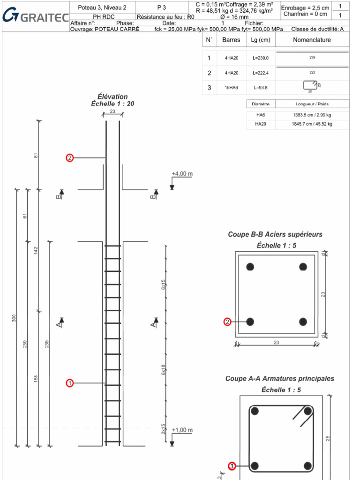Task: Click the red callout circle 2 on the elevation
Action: (70, 158)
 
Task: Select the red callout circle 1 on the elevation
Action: (70, 383)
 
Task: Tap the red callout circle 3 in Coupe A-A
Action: (232, 465)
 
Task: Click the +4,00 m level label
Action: (182, 174)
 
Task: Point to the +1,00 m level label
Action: (182, 430)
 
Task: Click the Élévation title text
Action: (112, 97)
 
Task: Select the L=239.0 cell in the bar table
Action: (260, 58)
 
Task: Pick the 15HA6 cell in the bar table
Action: (231, 87)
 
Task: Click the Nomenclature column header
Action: (312, 40)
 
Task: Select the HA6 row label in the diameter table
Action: (260, 114)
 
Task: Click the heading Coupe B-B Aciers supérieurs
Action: (275, 234)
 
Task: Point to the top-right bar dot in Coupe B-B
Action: (303, 266)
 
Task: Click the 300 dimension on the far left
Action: (14, 319)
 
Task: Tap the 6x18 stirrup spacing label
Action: (164, 370)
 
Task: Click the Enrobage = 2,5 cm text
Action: (305, 8)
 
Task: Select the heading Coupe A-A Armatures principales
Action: (279, 379)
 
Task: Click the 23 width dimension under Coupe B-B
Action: (276, 343)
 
